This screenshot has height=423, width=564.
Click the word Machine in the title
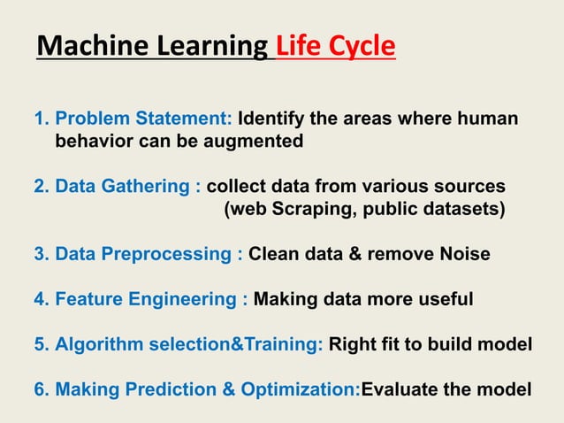[93, 46]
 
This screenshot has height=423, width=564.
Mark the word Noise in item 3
[459, 255]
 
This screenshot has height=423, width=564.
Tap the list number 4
[39, 300]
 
